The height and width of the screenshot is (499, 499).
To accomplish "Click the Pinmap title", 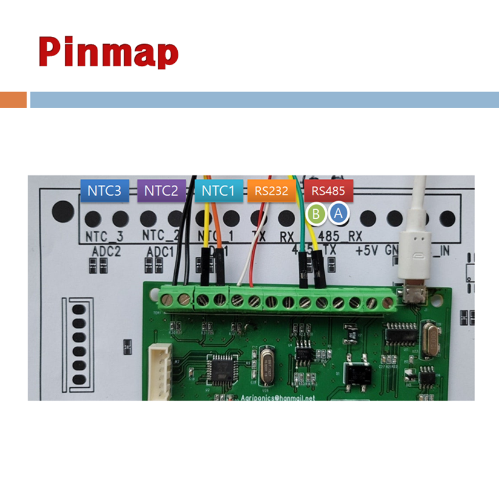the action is (109, 52).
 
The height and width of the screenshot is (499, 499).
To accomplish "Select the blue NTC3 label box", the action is (105, 191).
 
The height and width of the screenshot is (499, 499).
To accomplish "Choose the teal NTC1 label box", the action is (218, 191).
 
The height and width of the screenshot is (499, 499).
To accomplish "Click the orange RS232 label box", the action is (272, 191).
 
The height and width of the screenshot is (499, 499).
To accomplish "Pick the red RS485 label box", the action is (328, 191).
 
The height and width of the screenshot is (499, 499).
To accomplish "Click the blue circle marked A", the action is (338, 213).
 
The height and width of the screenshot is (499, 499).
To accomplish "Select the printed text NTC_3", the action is (104, 236).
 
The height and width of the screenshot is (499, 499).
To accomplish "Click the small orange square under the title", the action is (13, 100).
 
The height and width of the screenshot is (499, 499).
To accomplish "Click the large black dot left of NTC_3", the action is (64, 211).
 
